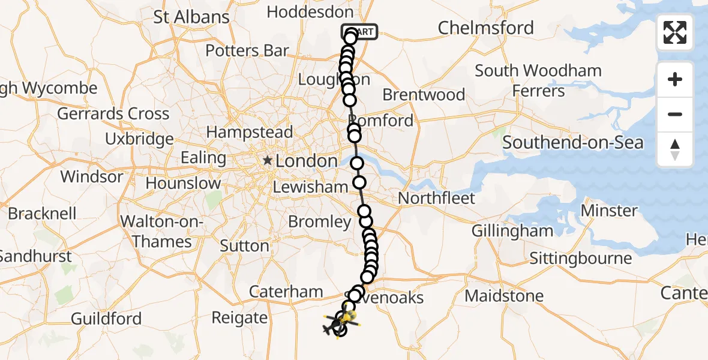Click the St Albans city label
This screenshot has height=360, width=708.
191,17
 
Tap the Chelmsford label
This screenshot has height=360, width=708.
485,28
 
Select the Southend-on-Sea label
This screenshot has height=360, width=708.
572,143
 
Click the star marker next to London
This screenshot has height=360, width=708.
267,161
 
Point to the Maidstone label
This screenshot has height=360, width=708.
504,296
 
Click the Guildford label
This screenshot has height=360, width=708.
106,319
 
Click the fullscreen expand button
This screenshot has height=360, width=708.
675,32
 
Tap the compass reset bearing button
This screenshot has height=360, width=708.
675,149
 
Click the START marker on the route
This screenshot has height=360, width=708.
359,32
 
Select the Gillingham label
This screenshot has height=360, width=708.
512,231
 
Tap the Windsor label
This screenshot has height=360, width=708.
92,177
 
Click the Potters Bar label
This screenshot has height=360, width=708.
247,50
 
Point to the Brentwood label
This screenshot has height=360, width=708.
424,95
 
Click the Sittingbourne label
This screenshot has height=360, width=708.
580,259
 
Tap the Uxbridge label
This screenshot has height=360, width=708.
139,139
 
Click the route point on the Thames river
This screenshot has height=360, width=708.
357,163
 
